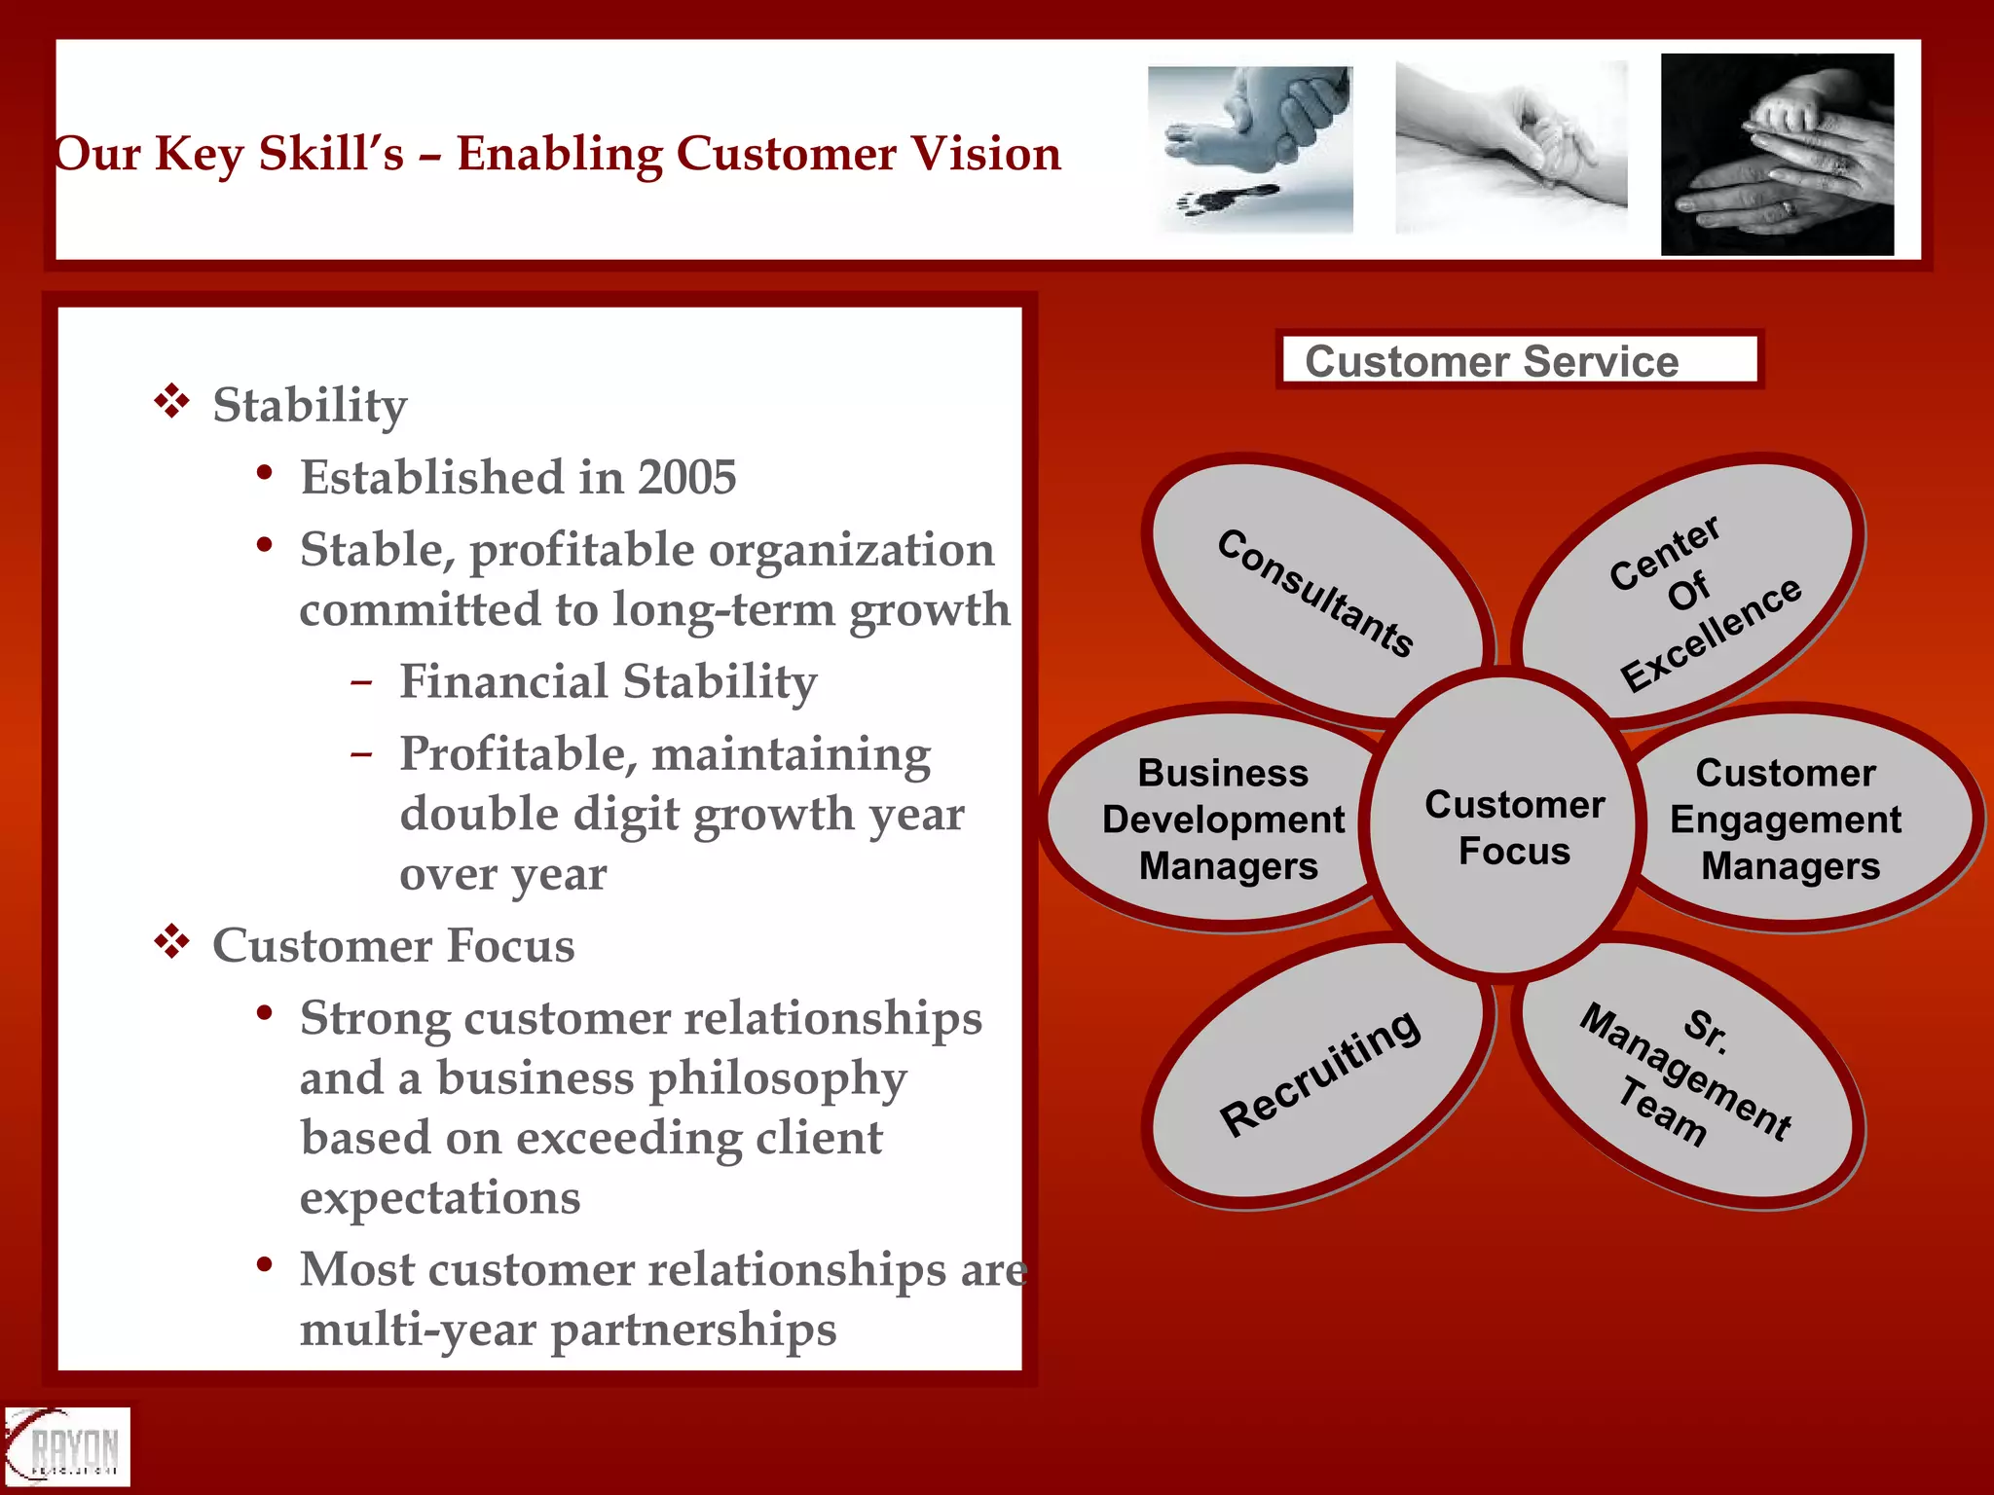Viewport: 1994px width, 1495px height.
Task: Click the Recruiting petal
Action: (1319, 1071)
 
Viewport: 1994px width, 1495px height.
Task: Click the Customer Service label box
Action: (1519, 360)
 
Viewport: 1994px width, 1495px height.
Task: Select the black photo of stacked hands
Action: (1777, 154)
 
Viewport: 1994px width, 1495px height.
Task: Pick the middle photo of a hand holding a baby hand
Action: (1510, 147)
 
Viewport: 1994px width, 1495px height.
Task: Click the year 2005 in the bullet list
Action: (687, 477)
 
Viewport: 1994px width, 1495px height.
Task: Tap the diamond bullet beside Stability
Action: (171, 402)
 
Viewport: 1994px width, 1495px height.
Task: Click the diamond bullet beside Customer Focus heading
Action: (171, 942)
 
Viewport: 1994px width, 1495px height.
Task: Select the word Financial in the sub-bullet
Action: (502, 680)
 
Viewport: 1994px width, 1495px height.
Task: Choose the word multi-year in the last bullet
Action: (417, 1330)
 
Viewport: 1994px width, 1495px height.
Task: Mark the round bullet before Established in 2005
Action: (264, 474)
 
